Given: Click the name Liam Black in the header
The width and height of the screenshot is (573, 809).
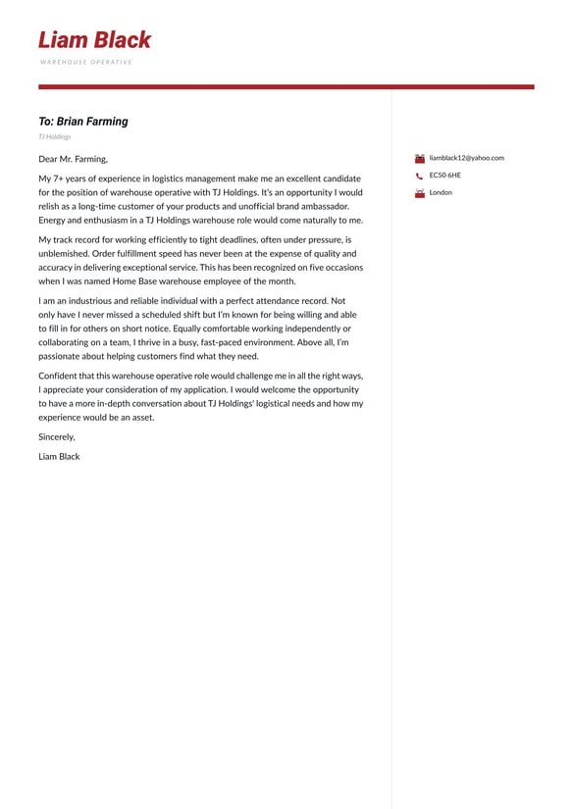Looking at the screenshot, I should (x=94, y=40).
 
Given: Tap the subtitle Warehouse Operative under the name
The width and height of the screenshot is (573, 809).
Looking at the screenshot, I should (x=86, y=62).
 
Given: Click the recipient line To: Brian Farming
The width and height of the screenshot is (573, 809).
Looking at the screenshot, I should (x=83, y=122).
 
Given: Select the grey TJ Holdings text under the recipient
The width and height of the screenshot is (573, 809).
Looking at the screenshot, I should (x=55, y=137).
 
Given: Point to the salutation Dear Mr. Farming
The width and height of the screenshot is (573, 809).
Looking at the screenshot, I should (x=74, y=159).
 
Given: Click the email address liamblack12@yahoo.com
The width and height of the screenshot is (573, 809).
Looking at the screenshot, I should (x=466, y=158).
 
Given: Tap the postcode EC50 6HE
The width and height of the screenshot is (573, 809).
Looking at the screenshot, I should (x=444, y=176).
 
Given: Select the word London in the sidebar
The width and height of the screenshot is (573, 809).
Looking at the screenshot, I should (x=441, y=193).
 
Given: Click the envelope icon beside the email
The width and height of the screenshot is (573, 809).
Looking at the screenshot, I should (x=420, y=158).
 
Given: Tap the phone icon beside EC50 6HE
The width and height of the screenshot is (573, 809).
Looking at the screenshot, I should (x=420, y=177).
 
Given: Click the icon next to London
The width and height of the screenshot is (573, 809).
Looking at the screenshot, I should (x=420, y=193).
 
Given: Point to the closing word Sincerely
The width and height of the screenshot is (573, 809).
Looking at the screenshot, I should (x=57, y=437).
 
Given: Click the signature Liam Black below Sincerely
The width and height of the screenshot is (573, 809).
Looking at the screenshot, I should (x=59, y=457).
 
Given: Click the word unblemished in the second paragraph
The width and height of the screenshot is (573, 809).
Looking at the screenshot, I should (x=63, y=254).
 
